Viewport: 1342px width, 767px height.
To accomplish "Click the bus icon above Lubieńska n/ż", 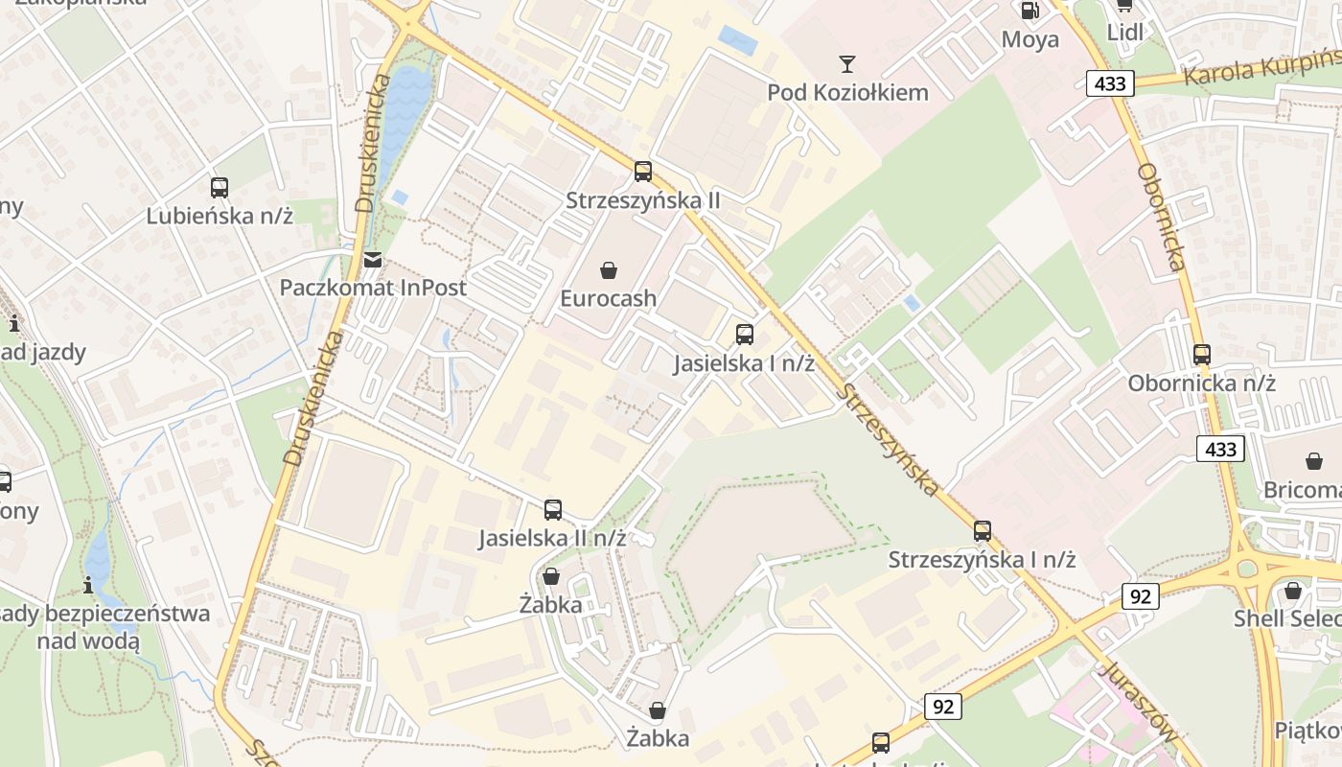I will (220, 188).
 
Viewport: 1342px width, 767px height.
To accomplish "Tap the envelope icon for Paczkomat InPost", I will (372, 260).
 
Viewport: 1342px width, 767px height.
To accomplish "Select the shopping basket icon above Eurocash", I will (608, 270).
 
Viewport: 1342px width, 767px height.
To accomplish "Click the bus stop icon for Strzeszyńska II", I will (642, 172).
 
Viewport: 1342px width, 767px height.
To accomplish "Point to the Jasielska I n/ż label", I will (744, 363).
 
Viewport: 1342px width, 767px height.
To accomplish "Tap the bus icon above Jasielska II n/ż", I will (552, 510).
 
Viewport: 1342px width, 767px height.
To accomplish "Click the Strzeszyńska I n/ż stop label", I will (982, 559).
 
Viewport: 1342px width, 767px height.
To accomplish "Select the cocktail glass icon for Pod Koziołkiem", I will (846, 64).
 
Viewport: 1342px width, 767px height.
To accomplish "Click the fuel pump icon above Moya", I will (1030, 11).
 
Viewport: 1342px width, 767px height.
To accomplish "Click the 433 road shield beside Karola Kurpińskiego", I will (1110, 83).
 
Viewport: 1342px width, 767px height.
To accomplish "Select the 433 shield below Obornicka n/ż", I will (1220, 448).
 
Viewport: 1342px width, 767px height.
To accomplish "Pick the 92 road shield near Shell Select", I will (1140, 595).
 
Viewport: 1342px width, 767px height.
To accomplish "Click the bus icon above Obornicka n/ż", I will (1202, 355).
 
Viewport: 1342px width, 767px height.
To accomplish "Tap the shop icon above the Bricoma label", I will (1313, 461).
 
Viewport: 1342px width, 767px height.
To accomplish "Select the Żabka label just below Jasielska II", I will (550, 605).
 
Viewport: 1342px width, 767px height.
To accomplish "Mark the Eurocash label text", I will (608, 298).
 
